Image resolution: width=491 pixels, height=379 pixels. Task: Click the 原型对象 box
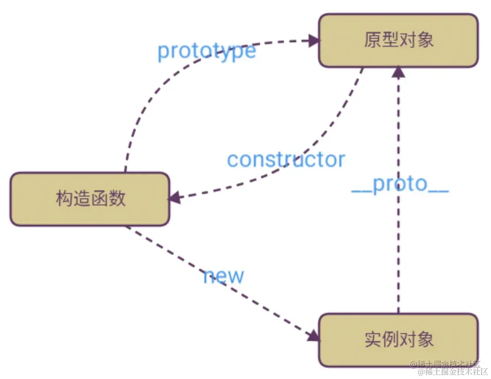398,41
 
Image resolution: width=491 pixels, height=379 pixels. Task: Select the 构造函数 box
90,199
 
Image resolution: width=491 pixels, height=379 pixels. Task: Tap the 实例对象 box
398,340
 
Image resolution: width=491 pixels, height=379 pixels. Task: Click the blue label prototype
207,51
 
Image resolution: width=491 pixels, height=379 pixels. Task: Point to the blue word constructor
286,160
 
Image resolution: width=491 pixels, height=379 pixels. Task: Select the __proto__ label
400,185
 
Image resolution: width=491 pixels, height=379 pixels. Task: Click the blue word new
223,276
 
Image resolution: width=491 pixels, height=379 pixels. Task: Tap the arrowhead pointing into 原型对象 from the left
314,41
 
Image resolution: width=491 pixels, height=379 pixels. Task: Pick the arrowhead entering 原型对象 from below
398,71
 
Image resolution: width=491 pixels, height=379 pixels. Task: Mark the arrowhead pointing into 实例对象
313,335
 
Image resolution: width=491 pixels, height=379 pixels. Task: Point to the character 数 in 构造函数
117,199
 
